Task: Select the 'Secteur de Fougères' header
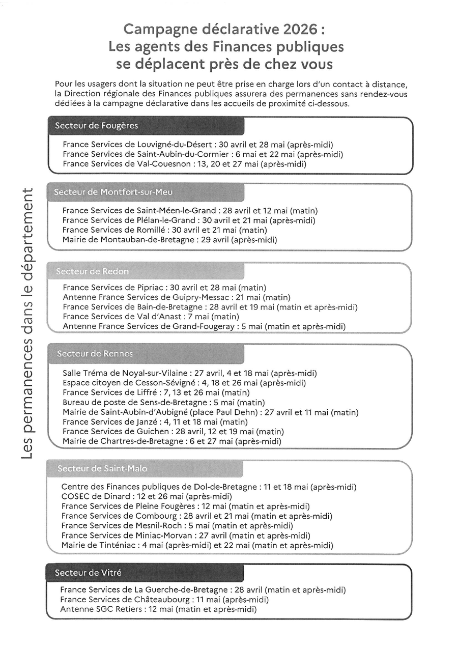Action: coord(97,126)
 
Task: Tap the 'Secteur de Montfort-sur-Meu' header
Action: coord(113,192)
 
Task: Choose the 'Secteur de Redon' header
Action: coord(93,271)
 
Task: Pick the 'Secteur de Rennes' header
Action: coord(95,353)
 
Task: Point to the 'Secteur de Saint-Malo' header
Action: coord(102,468)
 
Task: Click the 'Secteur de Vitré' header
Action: coord(88,573)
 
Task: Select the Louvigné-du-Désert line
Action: coord(198,145)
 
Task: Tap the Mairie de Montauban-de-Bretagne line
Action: coord(169,239)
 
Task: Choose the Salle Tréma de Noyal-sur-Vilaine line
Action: coord(189,373)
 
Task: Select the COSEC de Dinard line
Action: coord(147,496)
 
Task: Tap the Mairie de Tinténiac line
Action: coord(197,545)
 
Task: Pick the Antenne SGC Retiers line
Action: coord(158,609)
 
